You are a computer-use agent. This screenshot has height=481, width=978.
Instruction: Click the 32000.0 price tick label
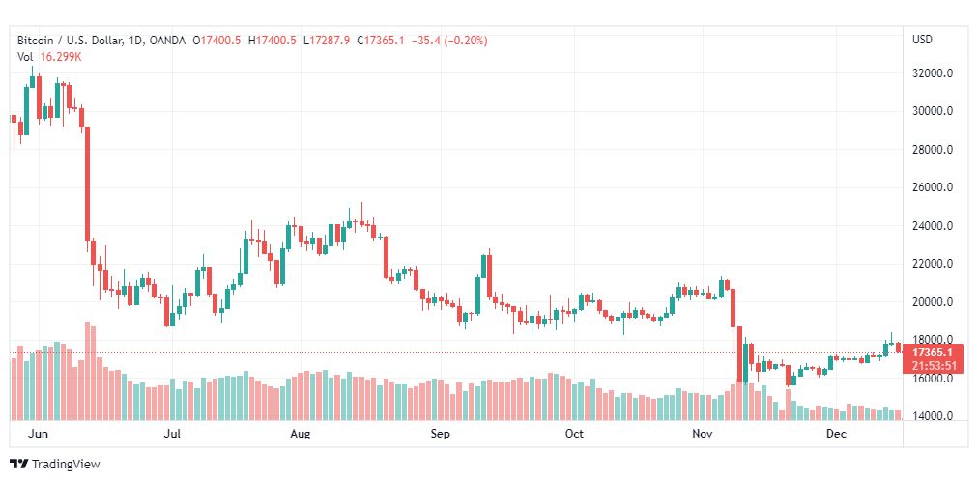pos(933,72)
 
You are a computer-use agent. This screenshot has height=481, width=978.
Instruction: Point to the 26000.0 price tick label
pos(933,187)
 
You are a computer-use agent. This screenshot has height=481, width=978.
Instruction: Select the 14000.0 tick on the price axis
pos(933,416)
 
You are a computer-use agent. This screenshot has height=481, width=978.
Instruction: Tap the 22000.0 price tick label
pos(933,264)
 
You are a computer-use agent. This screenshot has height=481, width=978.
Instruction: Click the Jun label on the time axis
pos(39,435)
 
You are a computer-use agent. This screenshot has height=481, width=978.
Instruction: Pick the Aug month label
pos(301,435)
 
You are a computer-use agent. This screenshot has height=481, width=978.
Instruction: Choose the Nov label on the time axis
pos(703,435)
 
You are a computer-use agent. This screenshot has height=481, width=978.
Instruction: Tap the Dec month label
pos(837,435)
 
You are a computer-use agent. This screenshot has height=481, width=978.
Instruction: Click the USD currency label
pos(922,40)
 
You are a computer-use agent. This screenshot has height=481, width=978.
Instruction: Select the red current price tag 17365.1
pos(934,353)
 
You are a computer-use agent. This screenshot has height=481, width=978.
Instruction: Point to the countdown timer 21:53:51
pos(934,366)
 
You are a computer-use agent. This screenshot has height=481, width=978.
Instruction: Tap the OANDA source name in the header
pos(170,41)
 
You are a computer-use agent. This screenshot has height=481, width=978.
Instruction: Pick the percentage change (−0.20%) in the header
pos(465,41)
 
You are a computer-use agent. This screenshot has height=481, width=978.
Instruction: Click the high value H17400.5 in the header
pos(273,41)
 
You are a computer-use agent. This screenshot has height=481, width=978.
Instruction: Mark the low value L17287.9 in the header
pos(327,41)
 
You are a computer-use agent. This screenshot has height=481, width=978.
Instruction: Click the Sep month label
pos(441,435)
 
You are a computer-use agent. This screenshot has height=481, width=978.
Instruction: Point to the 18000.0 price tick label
pos(933,340)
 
